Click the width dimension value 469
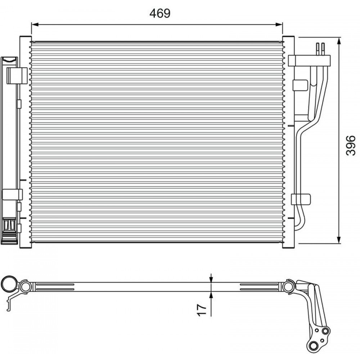[x=160, y=13]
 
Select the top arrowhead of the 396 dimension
[x=339, y=41]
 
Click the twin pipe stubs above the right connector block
[x=320, y=49]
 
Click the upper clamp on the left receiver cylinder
[x=17, y=75]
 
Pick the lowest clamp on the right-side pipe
[x=300, y=199]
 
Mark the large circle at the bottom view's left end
[x=9, y=284]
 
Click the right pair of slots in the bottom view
[x=259, y=287]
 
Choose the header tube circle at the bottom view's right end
[x=288, y=287]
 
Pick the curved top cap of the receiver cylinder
[x=9, y=59]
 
